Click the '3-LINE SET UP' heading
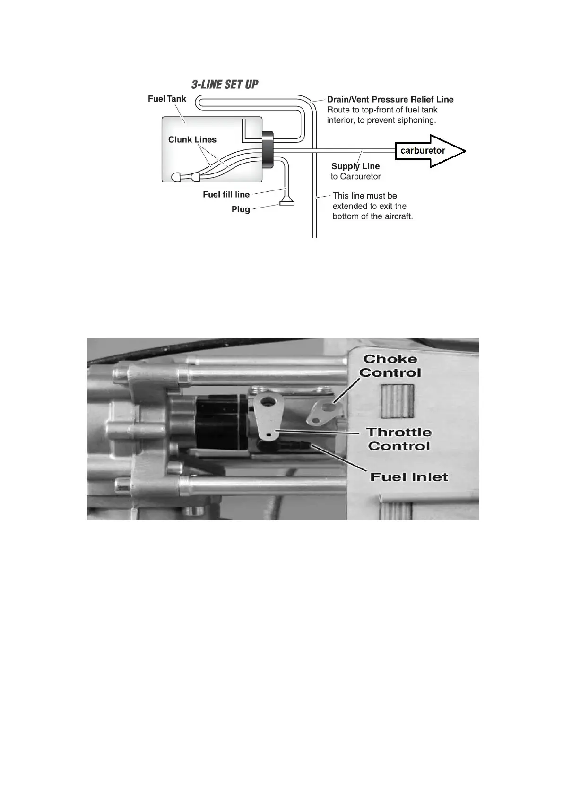[225, 85]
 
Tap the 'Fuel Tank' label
[167, 99]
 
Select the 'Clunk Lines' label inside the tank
[192, 139]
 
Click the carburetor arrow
[429, 151]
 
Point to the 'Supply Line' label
[355, 166]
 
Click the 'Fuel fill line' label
[226, 194]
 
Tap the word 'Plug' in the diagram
[241, 209]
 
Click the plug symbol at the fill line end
[286, 203]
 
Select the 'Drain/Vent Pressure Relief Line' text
[390, 99]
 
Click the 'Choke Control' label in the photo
[390, 366]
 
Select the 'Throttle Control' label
[399, 439]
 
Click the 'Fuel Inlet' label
[409, 477]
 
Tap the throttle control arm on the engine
[268, 416]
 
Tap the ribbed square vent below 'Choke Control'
[397, 400]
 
